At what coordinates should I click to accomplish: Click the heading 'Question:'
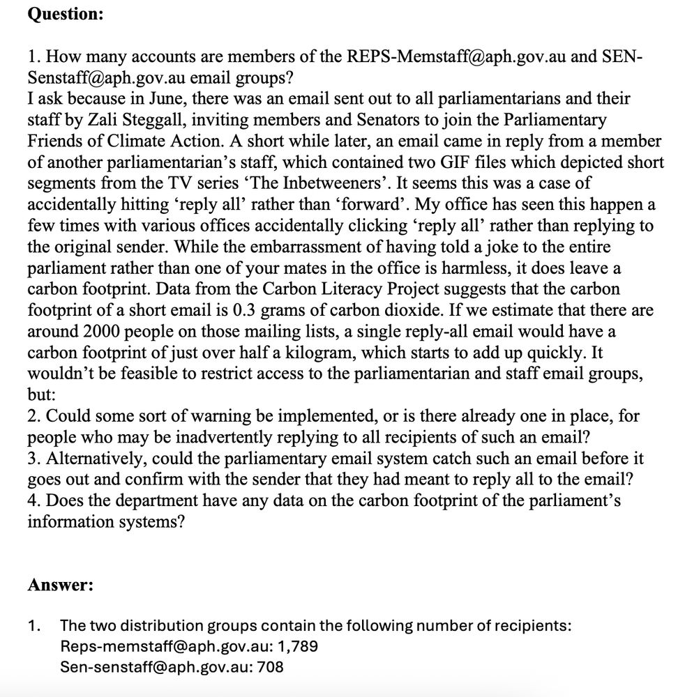pyautogui.click(x=66, y=16)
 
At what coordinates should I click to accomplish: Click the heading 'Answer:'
pyautogui.click(x=61, y=585)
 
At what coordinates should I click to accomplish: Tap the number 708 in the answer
pyautogui.click(x=271, y=667)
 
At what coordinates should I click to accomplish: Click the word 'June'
pyautogui.click(x=180, y=98)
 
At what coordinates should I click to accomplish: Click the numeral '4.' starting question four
pyautogui.click(x=34, y=501)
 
